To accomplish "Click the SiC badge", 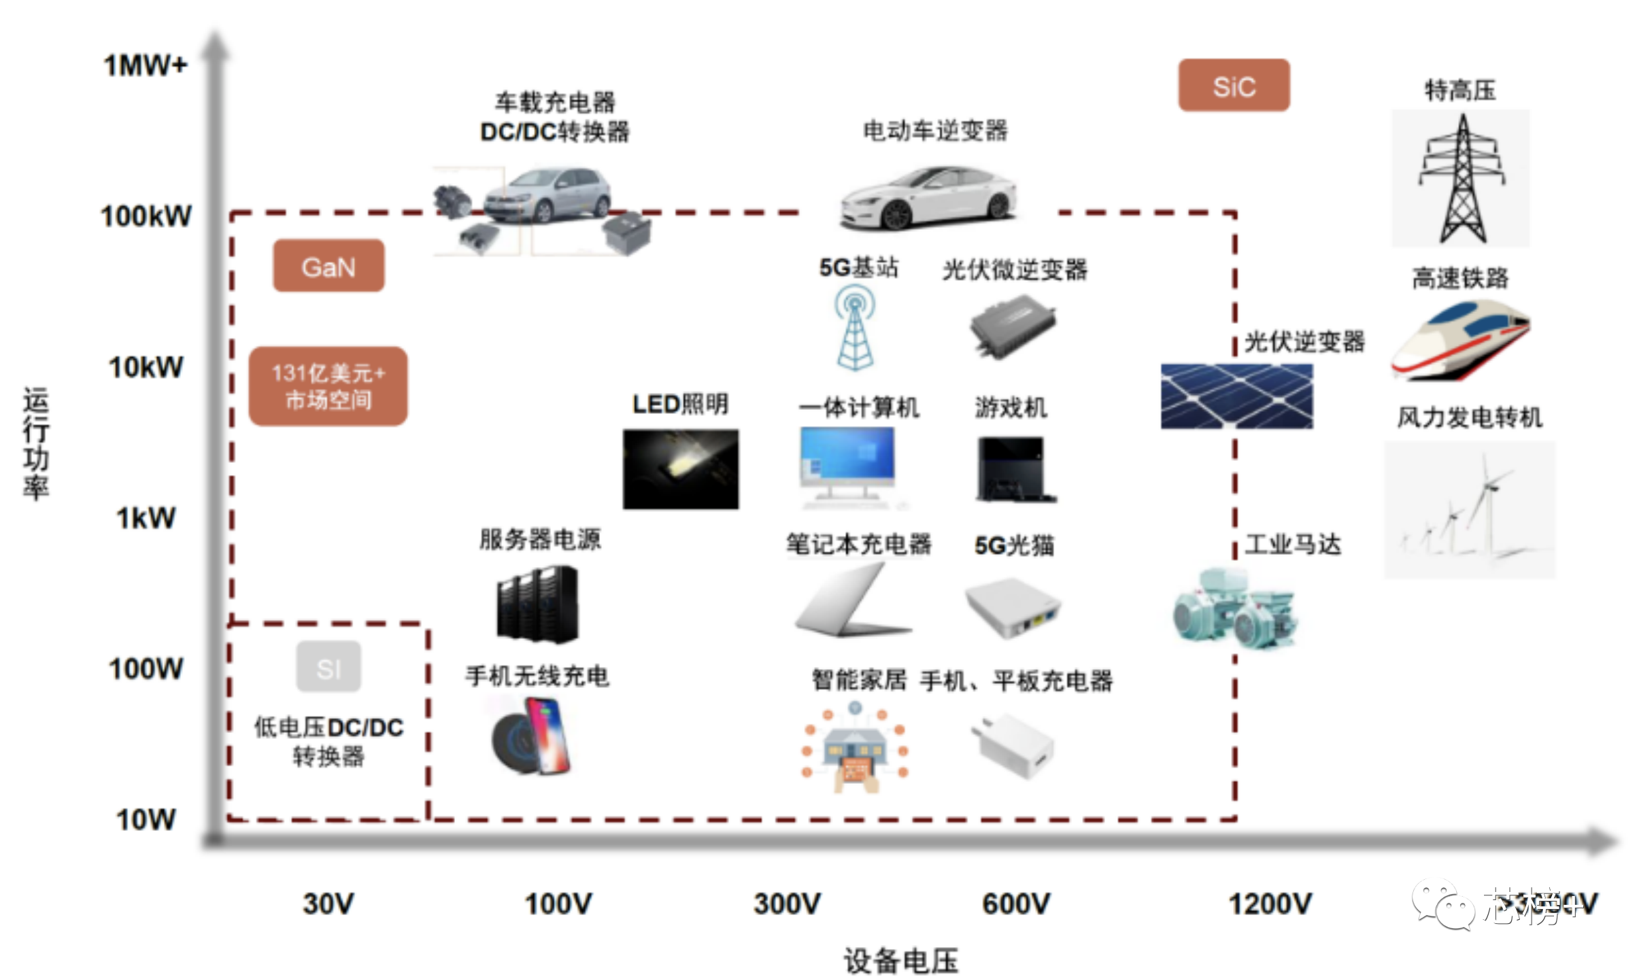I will (1233, 86).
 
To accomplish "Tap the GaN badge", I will (328, 266).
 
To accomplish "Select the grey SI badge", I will (328, 667).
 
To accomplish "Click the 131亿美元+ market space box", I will (328, 386).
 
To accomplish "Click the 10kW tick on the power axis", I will (146, 367).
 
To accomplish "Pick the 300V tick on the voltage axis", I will (787, 904).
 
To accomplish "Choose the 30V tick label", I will (328, 904).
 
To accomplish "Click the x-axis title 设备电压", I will (901, 961).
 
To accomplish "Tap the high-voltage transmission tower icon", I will (1461, 179).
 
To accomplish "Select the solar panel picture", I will (1236, 396).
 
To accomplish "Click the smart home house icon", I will (855, 748).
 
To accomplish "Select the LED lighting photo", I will (680, 469).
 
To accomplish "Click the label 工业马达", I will (1293, 545).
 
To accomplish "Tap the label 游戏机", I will (1011, 407).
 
